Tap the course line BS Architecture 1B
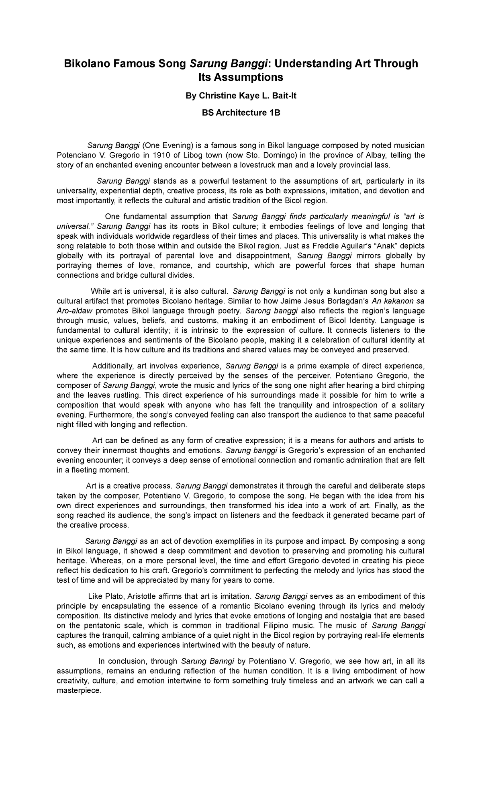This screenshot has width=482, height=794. (241, 113)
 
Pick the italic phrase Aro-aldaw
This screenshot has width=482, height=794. (75, 311)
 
